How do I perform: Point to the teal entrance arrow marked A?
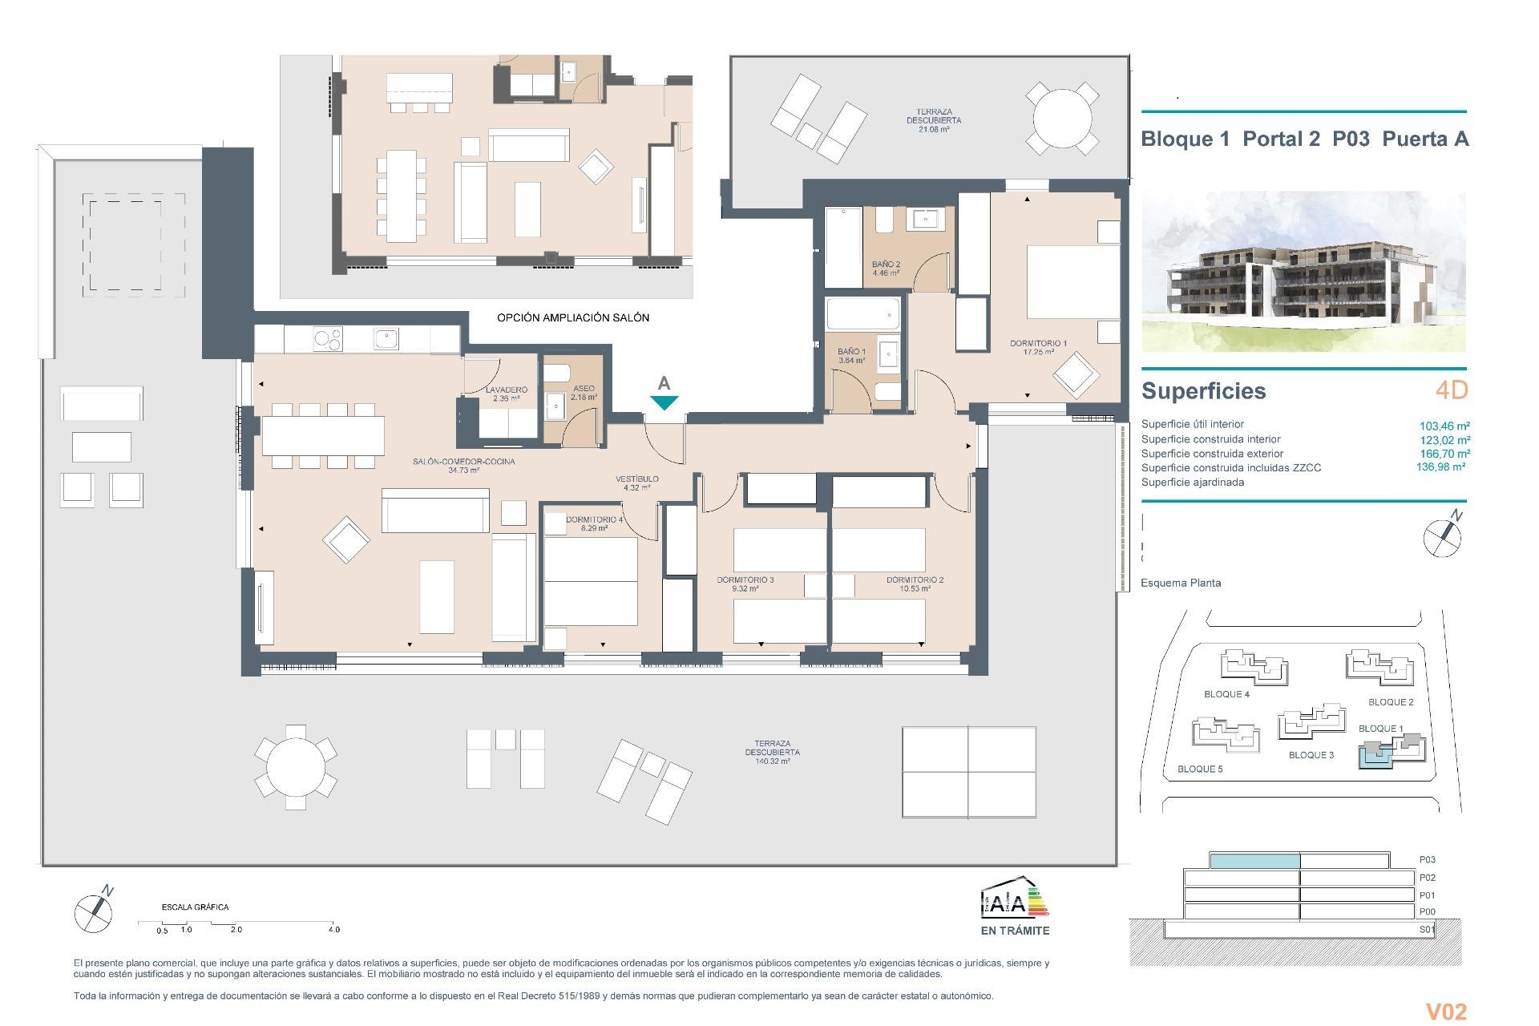pos(664,402)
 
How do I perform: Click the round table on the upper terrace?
pos(1062,118)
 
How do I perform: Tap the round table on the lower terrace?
pos(296,768)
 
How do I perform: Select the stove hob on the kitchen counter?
pos(327,339)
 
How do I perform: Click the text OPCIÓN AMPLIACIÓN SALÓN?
pos(572,318)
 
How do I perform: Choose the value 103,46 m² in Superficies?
pos(1444,426)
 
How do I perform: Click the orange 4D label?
pos(1451,390)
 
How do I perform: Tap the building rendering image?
pos(1303,271)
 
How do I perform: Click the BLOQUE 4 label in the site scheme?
pos(1226,694)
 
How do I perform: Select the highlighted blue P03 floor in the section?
pos(1254,861)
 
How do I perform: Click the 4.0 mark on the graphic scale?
pos(333,930)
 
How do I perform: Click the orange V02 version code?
pos(1446,1012)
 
